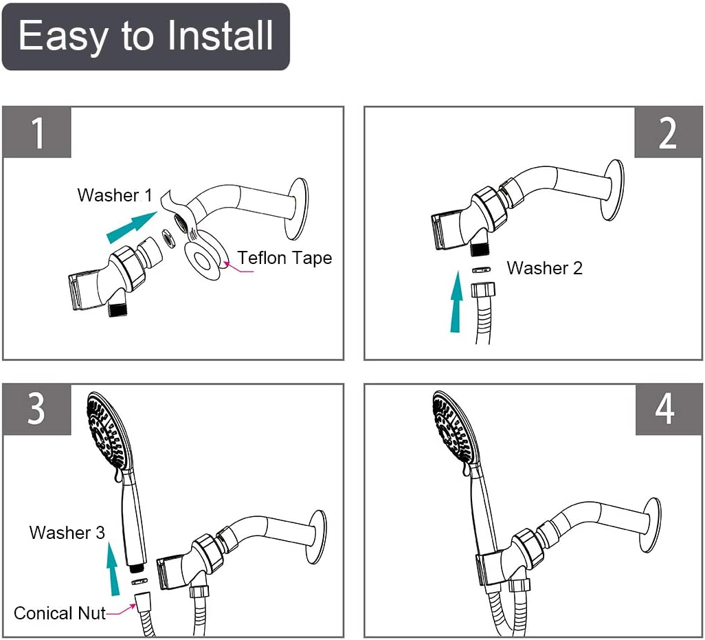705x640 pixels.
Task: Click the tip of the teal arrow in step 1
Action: tap(157, 211)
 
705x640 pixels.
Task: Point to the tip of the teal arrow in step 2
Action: tap(457, 271)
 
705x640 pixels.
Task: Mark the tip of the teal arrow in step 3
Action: tap(111, 542)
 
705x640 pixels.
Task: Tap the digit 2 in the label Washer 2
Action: tap(577, 268)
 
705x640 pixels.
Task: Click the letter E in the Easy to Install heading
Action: tap(30, 35)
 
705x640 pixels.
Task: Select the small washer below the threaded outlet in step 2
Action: tap(481, 270)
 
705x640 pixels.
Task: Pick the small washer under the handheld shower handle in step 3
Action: tap(139, 582)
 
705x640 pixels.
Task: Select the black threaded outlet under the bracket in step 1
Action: tap(118, 310)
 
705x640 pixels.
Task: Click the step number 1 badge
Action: tap(37, 133)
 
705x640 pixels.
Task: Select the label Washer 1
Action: tap(115, 195)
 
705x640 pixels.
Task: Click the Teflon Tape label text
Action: tap(284, 258)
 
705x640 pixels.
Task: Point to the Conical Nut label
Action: tap(59, 613)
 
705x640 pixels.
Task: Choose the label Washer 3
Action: tap(67, 533)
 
